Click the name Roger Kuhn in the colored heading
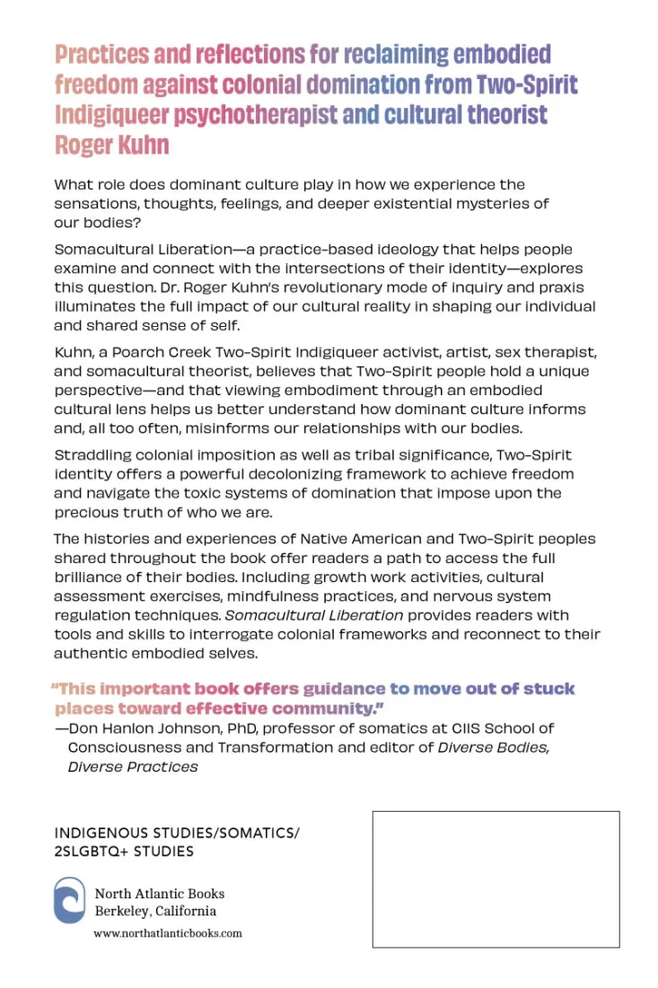[111, 146]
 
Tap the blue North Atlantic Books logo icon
[70, 902]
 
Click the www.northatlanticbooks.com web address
[168, 933]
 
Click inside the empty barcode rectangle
[496, 879]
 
